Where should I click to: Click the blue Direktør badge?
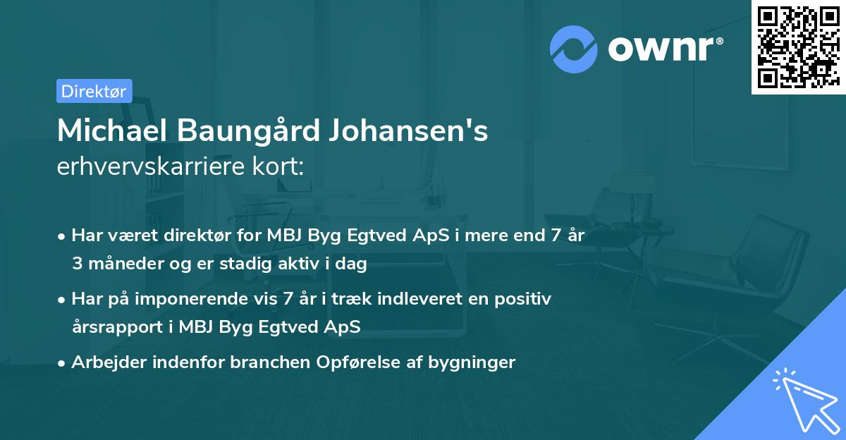point(94,91)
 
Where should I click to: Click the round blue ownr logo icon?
point(574,49)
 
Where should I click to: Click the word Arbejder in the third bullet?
point(105,362)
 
